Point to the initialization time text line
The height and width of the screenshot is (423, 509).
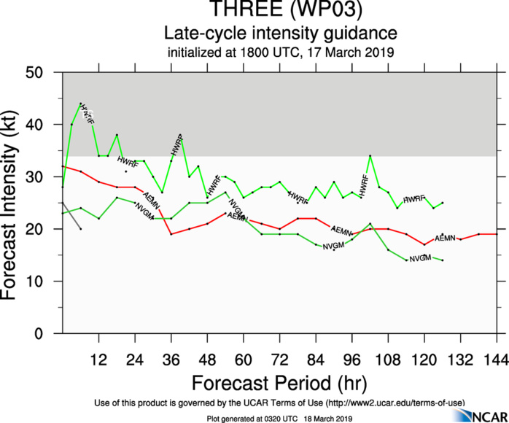[280, 52]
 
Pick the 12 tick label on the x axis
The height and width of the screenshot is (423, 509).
[98, 360]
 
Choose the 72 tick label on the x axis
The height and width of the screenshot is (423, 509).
[279, 360]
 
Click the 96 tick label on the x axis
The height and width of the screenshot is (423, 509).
[351, 360]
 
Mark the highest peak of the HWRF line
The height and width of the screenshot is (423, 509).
[80, 104]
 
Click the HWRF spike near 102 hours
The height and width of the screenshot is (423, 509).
[370, 156]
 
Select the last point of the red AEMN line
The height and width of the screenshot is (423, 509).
[497, 234]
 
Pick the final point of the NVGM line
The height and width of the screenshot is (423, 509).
[443, 260]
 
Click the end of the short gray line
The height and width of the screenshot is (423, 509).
[80, 229]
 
